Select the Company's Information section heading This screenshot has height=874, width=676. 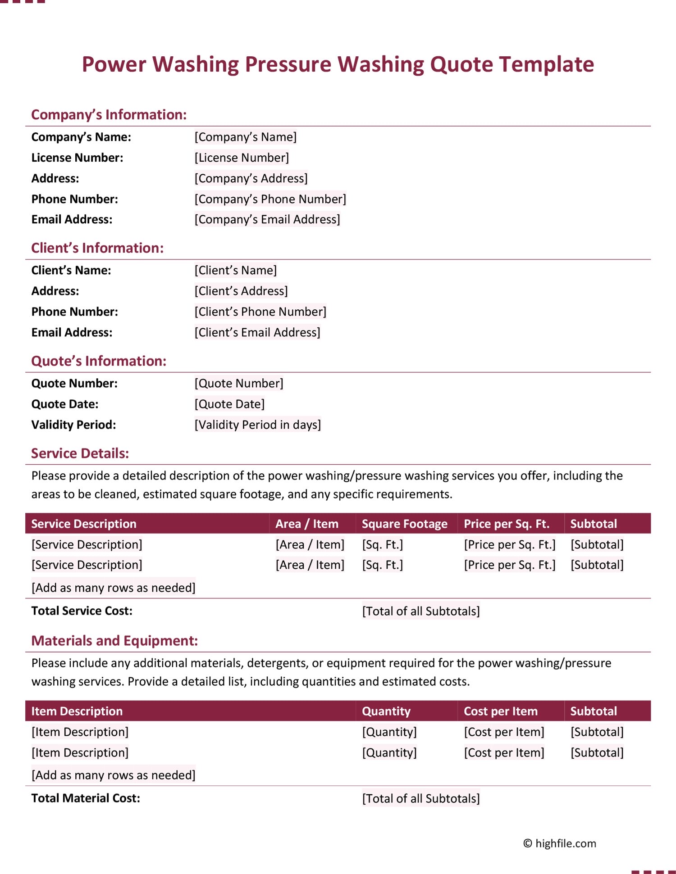click(109, 115)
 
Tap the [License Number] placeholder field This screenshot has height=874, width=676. click(242, 158)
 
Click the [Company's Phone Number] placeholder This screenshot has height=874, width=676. click(270, 199)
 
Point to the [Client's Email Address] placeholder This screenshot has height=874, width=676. click(257, 332)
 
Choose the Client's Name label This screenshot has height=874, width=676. click(71, 270)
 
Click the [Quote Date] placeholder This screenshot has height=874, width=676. click(229, 404)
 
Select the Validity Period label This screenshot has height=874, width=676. click(73, 425)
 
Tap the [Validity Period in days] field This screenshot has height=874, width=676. click(257, 425)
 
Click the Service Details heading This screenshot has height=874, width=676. click(80, 453)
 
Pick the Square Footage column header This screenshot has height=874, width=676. click(404, 524)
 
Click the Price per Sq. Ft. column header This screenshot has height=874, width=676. click(507, 524)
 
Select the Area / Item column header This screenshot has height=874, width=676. click(306, 524)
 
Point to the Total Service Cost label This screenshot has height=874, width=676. click(82, 611)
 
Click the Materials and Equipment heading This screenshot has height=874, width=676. click(114, 641)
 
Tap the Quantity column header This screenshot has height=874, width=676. click(386, 711)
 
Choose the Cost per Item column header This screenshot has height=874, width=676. click(501, 711)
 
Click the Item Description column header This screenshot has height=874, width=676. click(77, 711)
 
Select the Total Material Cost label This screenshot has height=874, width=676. click(86, 798)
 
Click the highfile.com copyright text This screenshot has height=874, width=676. click(560, 843)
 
